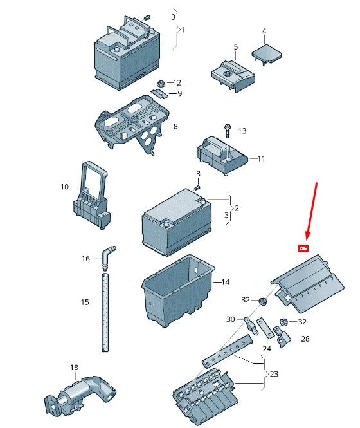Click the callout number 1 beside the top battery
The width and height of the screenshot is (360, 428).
[183, 30]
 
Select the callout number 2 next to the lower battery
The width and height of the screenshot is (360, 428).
[237, 208]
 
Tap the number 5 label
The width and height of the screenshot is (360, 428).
[235, 47]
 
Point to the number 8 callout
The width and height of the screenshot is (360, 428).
[175, 127]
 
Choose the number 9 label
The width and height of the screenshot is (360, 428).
[179, 94]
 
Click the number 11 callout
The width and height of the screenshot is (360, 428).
[262, 158]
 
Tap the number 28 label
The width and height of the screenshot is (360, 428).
[305, 339]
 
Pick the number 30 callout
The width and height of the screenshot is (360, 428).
[231, 319]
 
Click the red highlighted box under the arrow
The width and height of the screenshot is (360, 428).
[302, 248]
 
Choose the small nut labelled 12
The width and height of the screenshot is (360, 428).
[160, 84]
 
